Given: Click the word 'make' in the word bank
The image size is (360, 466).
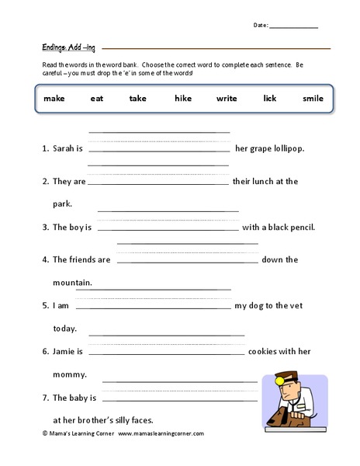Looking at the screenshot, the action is click(54, 99).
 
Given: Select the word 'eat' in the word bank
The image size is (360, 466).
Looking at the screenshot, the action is click(97, 99).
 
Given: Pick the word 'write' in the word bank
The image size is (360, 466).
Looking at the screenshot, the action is click(227, 99).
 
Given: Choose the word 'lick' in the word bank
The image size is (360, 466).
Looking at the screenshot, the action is click(270, 99).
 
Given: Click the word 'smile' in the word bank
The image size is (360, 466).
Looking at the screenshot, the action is click(313, 99).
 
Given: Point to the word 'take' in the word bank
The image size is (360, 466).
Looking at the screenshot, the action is click(138, 99).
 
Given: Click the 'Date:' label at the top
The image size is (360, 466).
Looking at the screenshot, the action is click(261, 26).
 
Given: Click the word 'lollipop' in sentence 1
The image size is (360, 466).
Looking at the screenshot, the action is click(286, 148).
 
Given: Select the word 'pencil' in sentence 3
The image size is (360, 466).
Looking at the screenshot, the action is click(299, 228).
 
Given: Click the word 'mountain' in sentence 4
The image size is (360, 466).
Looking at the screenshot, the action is click(72, 282).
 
